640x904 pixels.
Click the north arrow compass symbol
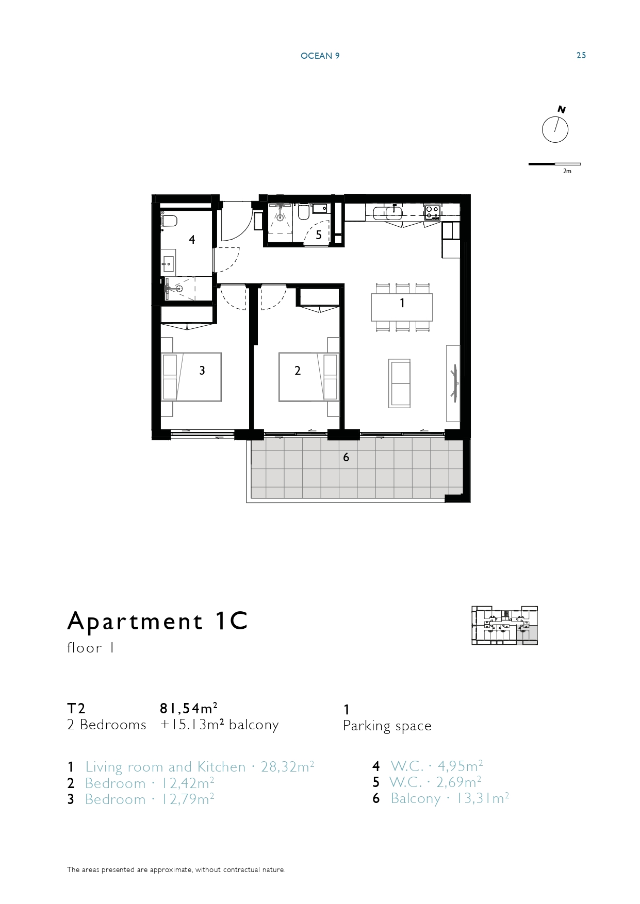click(555, 129)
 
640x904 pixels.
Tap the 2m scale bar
click(554, 164)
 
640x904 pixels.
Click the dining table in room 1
click(402, 307)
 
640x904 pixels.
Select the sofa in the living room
click(399, 383)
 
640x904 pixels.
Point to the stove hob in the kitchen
click(432, 211)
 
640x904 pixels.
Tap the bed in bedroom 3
click(191, 377)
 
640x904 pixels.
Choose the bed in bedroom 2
click(309, 377)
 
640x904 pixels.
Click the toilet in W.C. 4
click(169, 221)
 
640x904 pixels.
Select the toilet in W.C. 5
click(303, 212)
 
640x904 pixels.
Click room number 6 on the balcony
click(346, 457)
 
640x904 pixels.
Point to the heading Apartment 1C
click(158, 621)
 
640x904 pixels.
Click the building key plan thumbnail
click(505, 626)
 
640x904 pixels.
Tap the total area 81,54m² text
click(189, 708)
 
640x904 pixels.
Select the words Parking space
click(387, 726)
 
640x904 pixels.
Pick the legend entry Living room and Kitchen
click(166, 767)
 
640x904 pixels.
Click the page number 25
click(581, 56)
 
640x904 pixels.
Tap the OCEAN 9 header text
click(320, 56)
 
